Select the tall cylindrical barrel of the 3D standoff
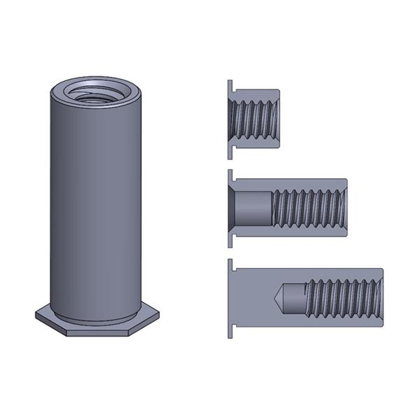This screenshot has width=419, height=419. [x=98, y=209]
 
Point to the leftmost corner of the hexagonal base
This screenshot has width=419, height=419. [x=36, y=315]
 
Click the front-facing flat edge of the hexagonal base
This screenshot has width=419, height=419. [x=98, y=332]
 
